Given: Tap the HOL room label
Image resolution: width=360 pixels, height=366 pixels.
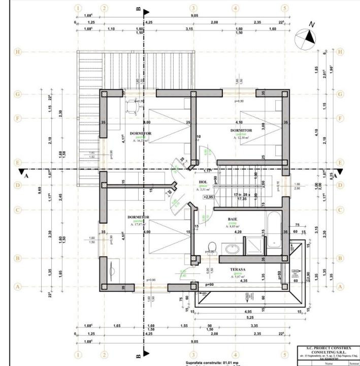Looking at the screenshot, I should point(203,181).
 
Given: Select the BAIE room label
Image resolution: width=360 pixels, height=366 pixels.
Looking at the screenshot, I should point(233,219).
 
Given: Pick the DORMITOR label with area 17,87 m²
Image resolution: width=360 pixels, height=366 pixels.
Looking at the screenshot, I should point(138,217).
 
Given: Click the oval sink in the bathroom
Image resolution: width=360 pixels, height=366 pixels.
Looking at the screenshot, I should point(234,250).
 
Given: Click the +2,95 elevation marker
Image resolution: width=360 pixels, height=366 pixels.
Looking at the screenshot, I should point(208,196).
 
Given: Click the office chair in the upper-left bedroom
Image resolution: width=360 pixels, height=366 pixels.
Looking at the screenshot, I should point(133,105).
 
